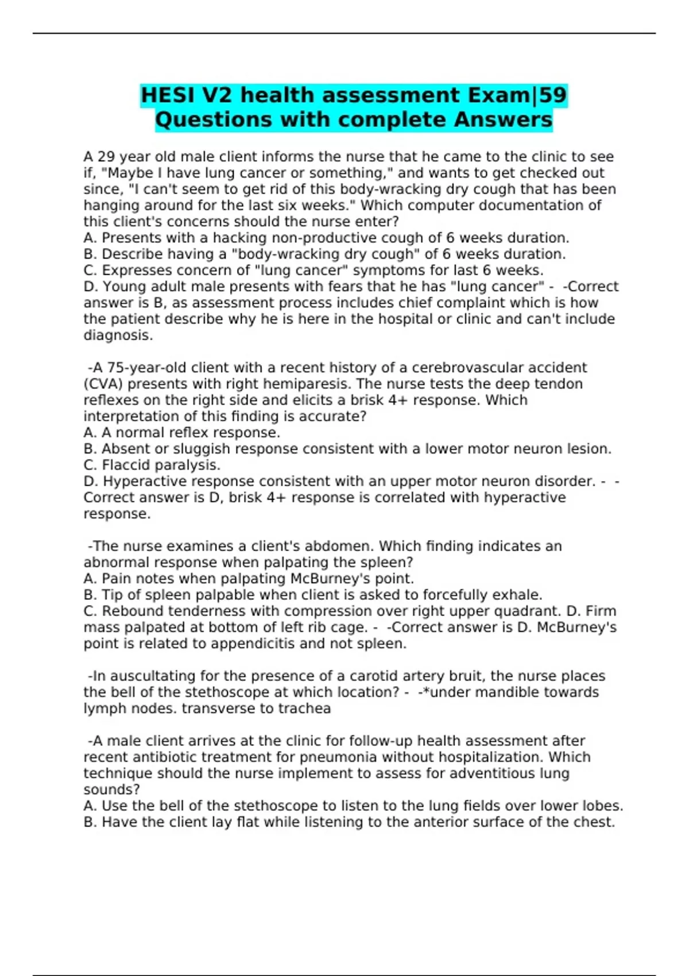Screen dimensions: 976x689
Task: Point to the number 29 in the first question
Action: click(x=106, y=157)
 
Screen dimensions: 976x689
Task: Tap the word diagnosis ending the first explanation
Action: click(x=118, y=335)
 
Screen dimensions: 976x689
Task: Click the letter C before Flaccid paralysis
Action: click(x=89, y=465)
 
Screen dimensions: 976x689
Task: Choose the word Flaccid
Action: click(x=126, y=465)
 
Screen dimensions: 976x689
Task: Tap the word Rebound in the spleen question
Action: click(x=130, y=611)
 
